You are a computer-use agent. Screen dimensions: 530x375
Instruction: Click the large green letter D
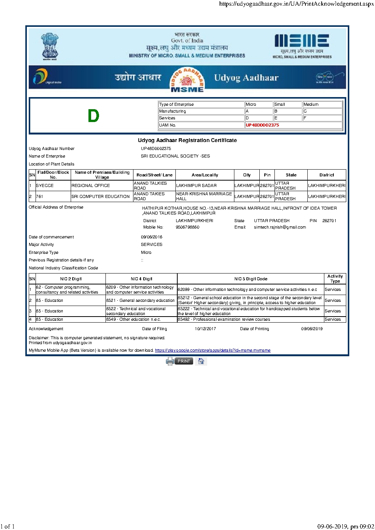pos(93,116)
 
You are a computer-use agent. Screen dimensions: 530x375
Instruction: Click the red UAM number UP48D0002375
pos(262,125)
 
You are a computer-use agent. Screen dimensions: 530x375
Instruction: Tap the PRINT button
pos(184,361)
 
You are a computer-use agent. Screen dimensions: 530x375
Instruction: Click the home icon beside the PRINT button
pos(201,361)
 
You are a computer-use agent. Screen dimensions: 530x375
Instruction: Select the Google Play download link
pos(212,351)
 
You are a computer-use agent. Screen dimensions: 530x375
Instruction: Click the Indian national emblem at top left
pos(50,46)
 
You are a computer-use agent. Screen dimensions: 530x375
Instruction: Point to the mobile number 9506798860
pos(187,227)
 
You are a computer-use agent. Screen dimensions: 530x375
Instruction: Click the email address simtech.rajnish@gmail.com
pos(280,227)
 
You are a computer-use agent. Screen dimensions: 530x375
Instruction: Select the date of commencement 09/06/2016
pos(152,237)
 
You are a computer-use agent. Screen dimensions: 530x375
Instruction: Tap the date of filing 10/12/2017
pos(205,329)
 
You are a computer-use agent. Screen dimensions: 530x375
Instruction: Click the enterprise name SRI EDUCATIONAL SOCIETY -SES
pos(175,156)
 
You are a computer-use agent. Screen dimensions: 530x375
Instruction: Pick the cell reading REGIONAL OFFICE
pos(91,186)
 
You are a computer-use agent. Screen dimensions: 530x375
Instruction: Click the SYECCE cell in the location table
pos(45,186)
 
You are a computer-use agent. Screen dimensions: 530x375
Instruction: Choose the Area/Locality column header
pos(205,175)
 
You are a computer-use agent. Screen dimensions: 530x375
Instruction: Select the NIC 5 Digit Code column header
pos(251,279)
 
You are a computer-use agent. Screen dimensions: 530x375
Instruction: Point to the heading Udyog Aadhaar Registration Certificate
pos(187,141)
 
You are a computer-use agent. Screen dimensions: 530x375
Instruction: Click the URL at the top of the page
pos(296,4)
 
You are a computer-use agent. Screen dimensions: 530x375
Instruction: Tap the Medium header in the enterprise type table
pos(311,105)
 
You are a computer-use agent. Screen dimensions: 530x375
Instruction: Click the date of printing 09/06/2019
pos(312,329)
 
